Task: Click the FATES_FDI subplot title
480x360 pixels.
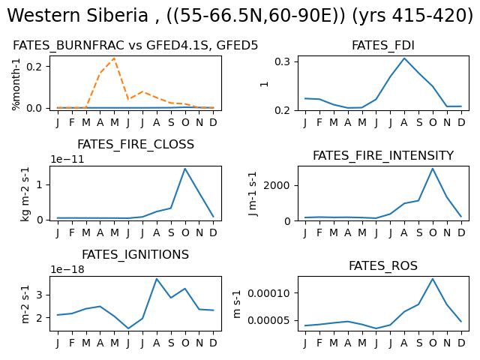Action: tap(383, 46)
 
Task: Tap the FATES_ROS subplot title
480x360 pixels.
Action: tap(383, 265)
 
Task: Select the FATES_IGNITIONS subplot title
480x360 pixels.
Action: tap(135, 255)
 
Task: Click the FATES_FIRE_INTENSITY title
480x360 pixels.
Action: tap(383, 155)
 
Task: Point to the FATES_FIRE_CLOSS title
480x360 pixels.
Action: tap(136, 145)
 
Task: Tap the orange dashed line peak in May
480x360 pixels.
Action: tap(114, 58)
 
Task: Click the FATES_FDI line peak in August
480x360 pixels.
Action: tap(404, 58)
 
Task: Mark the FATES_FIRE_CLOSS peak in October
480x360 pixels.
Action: tap(185, 168)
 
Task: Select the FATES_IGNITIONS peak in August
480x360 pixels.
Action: tap(157, 278)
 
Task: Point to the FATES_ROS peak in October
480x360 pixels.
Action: tap(433, 278)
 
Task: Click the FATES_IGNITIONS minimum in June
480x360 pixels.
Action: tap(128, 328)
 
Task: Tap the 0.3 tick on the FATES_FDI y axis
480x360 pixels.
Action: tap(282, 61)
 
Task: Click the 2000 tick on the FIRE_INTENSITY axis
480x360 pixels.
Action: tap(277, 185)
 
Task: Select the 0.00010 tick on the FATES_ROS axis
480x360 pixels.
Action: tap(268, 293)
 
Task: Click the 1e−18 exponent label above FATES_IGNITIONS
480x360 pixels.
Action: tap(67, 269)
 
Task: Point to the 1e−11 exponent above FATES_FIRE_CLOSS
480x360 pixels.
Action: tap(67, 159)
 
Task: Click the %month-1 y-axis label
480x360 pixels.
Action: tap(16, 84)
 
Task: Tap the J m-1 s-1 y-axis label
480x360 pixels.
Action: tap(253, 193)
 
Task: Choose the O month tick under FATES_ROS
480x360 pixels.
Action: tap(433, 343)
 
